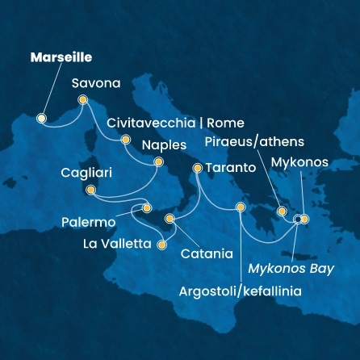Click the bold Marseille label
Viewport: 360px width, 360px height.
[61, 58]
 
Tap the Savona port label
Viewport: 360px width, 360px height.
[96, 83]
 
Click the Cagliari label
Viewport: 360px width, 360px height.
[86, 173]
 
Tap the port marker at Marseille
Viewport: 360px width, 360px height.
[42, 118]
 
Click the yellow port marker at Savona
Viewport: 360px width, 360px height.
[82, 100]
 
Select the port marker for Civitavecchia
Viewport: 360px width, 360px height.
[125, 140]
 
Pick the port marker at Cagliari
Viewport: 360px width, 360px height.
[90, 190]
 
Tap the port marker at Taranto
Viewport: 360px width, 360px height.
[198, 169]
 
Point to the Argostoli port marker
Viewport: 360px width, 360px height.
[240, 208]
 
